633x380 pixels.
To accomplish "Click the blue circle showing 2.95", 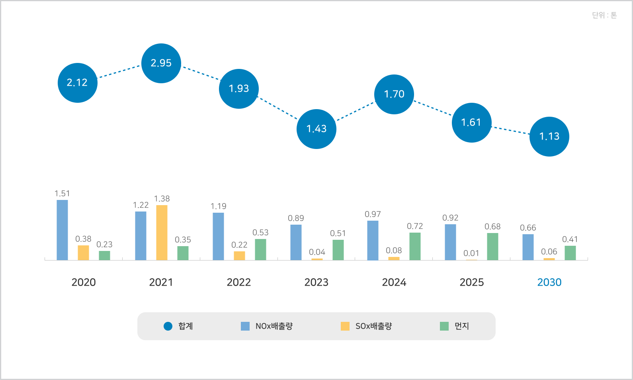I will (161, 63).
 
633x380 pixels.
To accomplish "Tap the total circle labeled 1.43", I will (316, 129).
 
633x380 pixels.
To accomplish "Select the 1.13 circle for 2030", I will (549, 137).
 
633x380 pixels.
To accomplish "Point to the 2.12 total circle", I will (78, 83).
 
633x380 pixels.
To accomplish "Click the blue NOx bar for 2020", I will (63, 230).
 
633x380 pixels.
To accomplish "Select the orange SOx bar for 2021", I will (162, 233).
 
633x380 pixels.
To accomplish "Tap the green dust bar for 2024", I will (415, 246).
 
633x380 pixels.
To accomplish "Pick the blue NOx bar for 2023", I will (296, 242).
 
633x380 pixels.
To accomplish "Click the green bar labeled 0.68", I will (492, 247).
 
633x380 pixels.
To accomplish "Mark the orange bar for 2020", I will (83, 253).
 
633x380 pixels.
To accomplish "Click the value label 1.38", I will (162, 199).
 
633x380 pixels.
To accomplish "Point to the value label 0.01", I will (471, 253).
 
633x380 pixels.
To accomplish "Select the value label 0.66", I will (528, 228).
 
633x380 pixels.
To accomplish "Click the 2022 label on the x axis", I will (239, 282).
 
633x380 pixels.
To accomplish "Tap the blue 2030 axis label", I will (549, 282).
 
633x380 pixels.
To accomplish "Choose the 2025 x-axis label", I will (472, 282).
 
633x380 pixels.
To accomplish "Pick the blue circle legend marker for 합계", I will (168, 326).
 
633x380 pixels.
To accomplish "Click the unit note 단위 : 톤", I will (604, 16).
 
